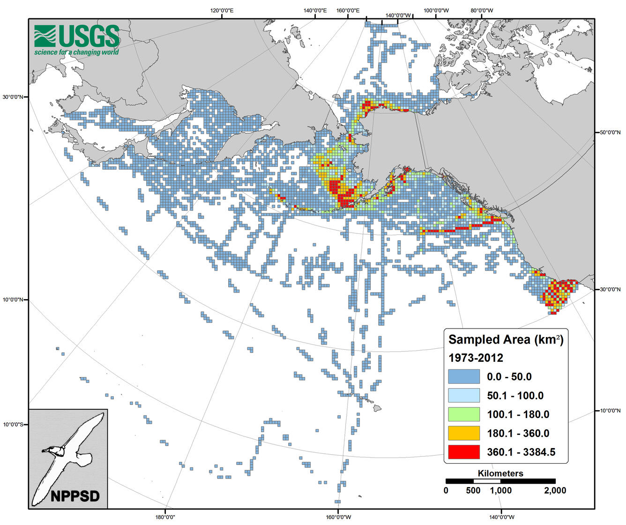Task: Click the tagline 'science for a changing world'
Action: pyautogui.click(x=76, y=52)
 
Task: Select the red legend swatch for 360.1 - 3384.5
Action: pyautogui.click(x=464, y=452)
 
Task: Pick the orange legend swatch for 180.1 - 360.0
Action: pyautogui.click(x=464, y=433)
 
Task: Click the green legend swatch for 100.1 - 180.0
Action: pyautogui.click(x=464, y=414)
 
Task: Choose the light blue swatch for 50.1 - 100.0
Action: pyautogui.click(x=464, y=396)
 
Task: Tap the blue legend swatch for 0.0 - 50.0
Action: pyautogui.click(x=464, y=377)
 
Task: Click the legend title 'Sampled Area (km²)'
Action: pyautogui.click(x=506, y=339)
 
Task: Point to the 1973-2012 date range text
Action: pyautogui.click(x=476, y=358)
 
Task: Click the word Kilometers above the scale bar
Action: pyautogui.click(x=500, y=473)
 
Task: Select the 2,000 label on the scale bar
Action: pyautogui.click(x=555, y=490)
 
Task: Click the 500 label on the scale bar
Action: pyautogui.click(x=473, y=490)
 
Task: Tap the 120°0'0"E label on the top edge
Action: pyautogui.click(x=222, y=10)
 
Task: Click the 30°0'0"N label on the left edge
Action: pyautogui.click(x=15, y=97)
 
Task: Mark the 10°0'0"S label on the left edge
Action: pyautogui.click(x=15, y=425)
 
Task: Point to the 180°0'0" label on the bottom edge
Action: pyautogui.click(x=165, y=517)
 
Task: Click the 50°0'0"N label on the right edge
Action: pyautogui.click(x=609, y=133)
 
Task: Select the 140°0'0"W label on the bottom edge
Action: pyautogui.click(x=500, y=517)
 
